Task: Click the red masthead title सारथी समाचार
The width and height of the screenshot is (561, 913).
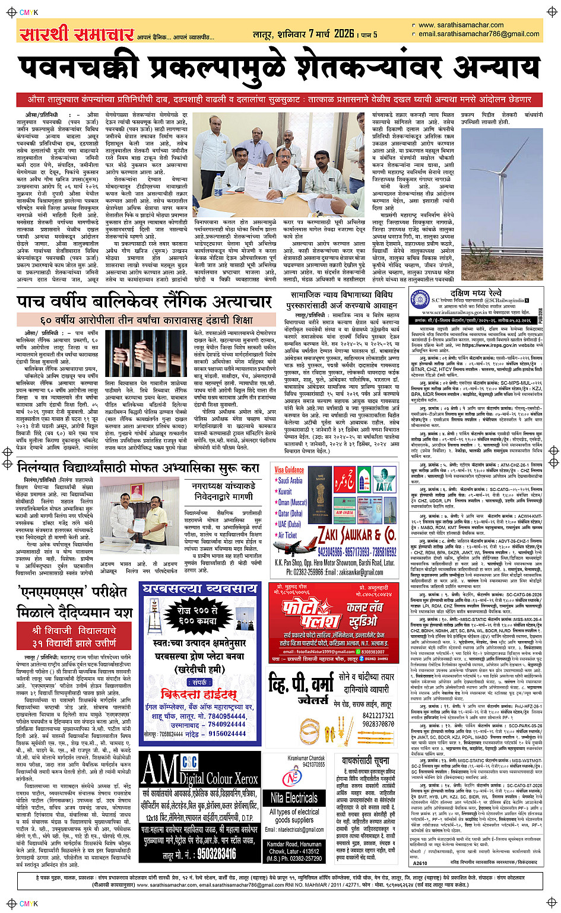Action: coord(77,34)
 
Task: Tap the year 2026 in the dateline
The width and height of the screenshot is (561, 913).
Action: coord(344,33)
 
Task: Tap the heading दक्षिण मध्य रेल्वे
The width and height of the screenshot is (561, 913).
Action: coord(476,293)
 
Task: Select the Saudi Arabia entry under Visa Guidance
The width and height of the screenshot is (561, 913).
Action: coord(290,480)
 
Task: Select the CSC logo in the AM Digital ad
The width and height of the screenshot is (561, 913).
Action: coord(190,762)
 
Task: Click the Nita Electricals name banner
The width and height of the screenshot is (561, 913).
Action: coord(294,797)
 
